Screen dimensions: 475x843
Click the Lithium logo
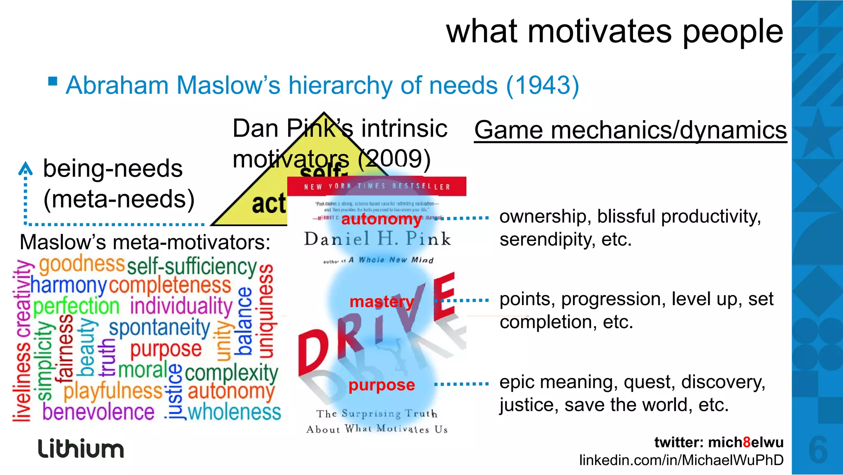coord(81,448)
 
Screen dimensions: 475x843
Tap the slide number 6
coord(818,450)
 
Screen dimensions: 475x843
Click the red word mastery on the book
coord(381,302)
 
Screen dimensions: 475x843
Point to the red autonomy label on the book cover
coord(381,219)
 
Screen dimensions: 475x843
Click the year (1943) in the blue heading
coord(543,86)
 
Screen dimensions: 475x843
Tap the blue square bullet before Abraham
coord(53,81)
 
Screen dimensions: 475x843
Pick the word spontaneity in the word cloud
coord(160,328)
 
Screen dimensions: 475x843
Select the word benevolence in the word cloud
coord(98,412)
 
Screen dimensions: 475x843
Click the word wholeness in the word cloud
coord(234,412)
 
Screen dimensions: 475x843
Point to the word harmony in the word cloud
coord(69,285)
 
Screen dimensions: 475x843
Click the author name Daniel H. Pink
coord(377,239)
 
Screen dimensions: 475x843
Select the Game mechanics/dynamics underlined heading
coord(630,130)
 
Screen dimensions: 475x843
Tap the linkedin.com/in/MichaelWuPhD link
coord(681,460)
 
